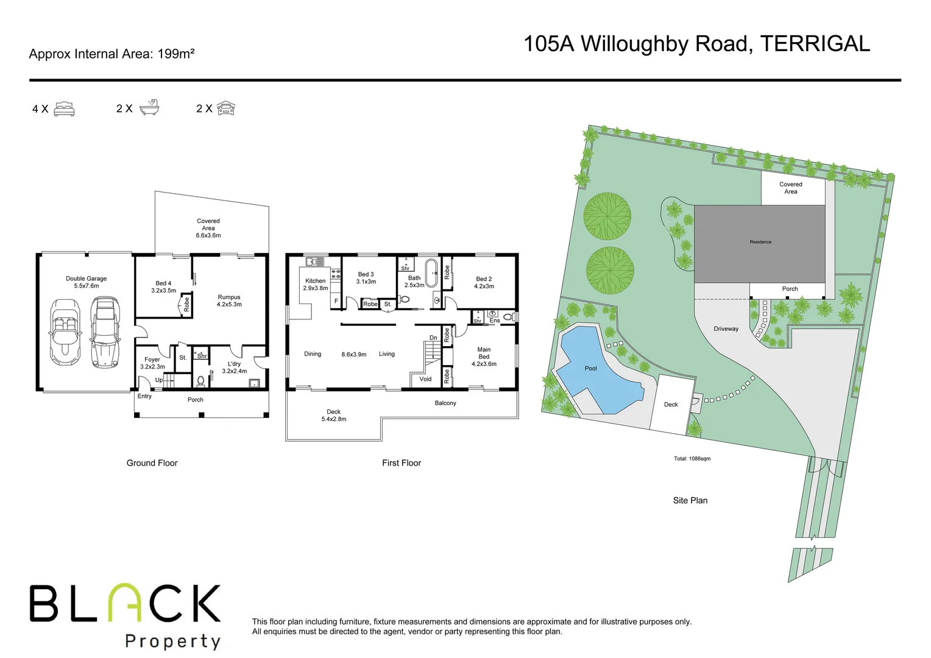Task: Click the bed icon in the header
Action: click(x=64, y=109)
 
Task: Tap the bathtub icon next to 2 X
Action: click(x=149, y=108)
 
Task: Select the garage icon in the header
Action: click(x=226, y=108)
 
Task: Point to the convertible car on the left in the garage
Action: click(x=65, y=332)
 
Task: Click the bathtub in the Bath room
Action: click(x=431, y=274)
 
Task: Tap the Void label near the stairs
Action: click(x=425, y=379)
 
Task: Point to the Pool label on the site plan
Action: click(x=590, y=369)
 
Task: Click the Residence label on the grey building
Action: click(x=760, y=242)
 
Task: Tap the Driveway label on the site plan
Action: click(x=726, y=329)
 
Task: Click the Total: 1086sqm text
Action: click(x=692, y=459)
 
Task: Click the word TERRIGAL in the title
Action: click(x=815, y=44)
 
